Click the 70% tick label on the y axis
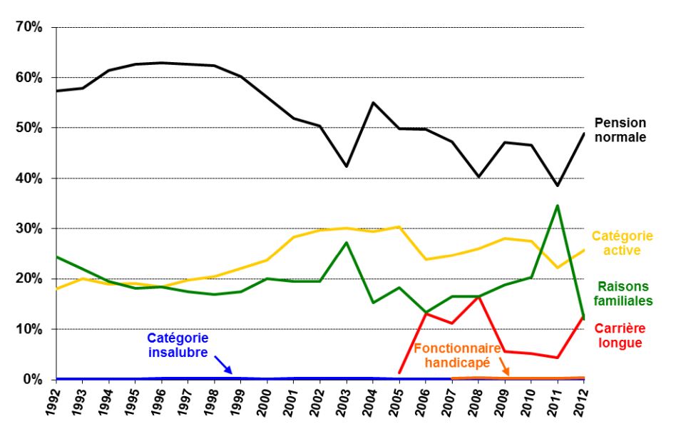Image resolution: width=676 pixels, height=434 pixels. coord(30,27)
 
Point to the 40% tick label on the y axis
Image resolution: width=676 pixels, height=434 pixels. coord(30,178)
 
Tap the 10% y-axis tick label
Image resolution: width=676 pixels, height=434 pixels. coord(30,329)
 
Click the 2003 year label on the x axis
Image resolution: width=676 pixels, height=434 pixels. coord(344,405)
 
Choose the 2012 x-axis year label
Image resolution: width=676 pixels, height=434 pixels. coord(582,405)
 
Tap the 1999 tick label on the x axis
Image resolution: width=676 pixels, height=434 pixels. coord(239,405)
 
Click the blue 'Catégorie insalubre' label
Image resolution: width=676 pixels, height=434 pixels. coord(178,345)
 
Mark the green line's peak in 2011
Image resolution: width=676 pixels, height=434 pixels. coord(557,206)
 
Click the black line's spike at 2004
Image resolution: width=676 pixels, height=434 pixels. coord(372,103)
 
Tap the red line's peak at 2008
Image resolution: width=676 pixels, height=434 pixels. coord(478,296)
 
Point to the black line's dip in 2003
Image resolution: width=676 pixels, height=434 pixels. coord(346,166)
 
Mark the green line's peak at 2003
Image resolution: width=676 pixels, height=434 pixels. coord(346,243)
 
